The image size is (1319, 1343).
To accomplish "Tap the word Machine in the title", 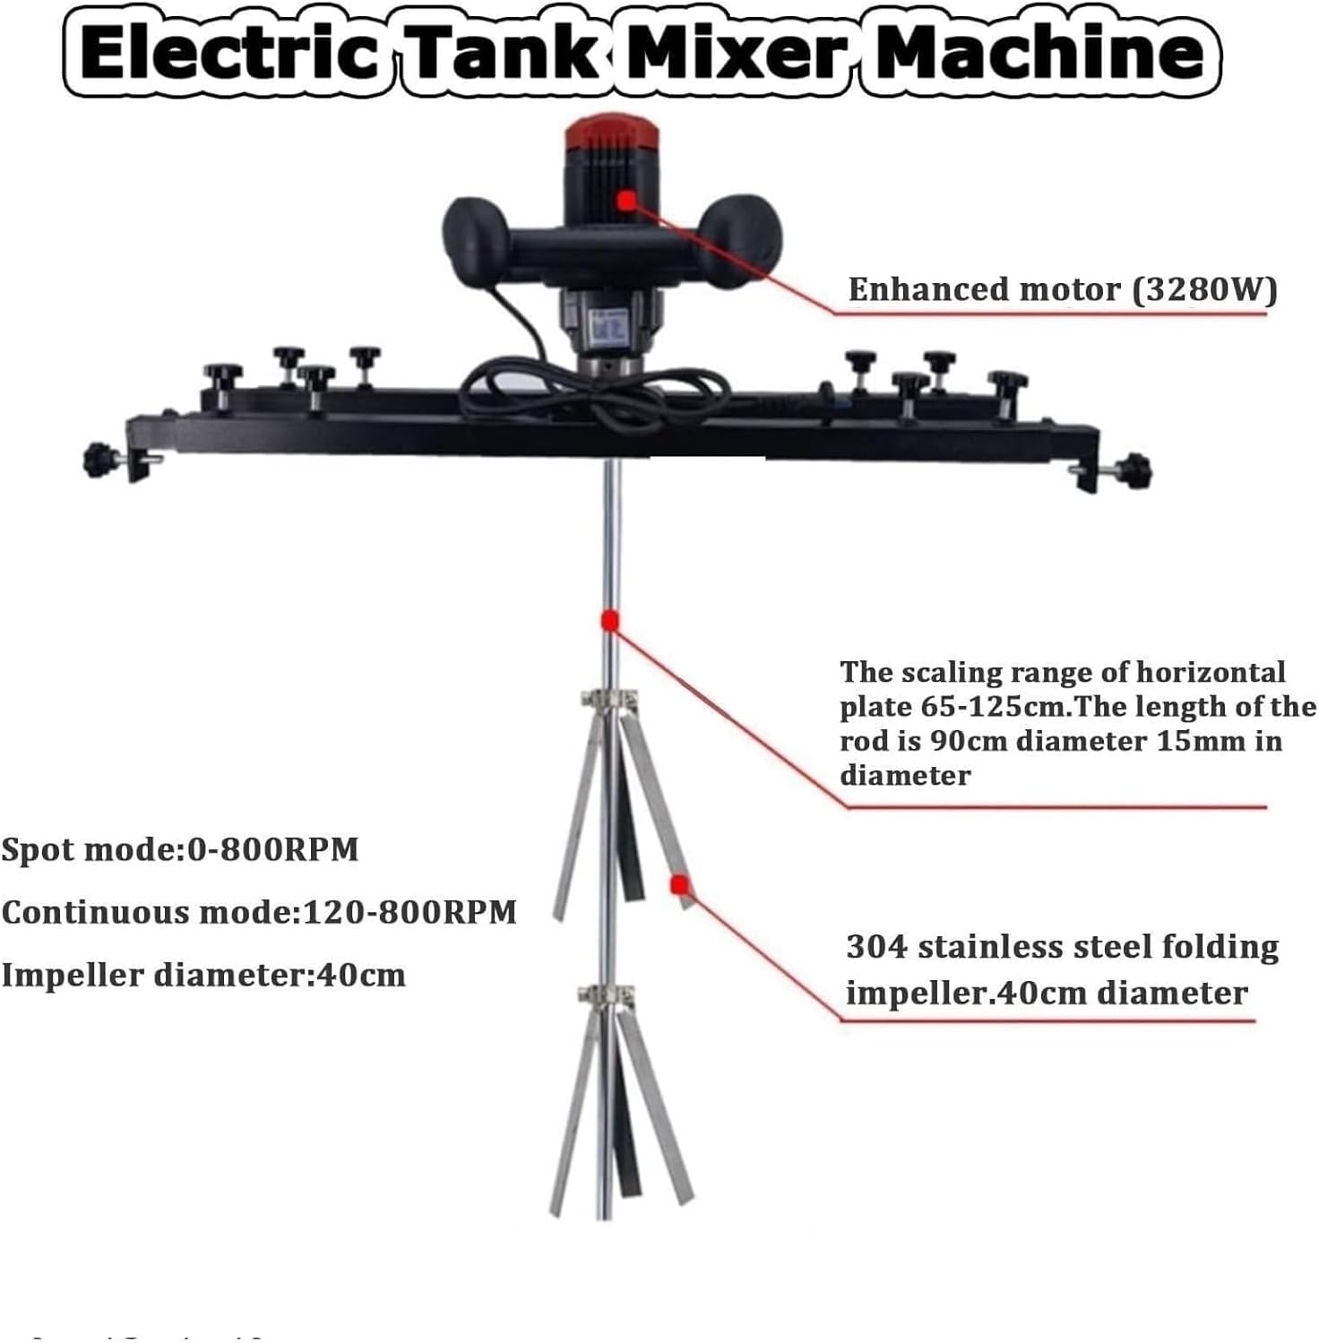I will [x=1039, y=52].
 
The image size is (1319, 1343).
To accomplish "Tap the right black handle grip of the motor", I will [x=742, y=241].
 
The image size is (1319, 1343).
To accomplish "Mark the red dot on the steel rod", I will [x=610, y=620].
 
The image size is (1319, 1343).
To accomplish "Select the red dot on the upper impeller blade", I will [x=679, y=885].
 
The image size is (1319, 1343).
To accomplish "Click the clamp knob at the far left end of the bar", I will [x=98, y=461].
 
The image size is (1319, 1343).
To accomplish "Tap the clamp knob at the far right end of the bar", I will [x=1134, y=470].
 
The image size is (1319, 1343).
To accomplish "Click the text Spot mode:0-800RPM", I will [x=180, y=849].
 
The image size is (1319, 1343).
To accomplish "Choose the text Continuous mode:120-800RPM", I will [x=259, y=912].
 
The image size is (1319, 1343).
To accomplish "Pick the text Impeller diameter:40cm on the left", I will [x=203, y=975].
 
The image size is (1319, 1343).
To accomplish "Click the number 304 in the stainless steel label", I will [x=877, y=947].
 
